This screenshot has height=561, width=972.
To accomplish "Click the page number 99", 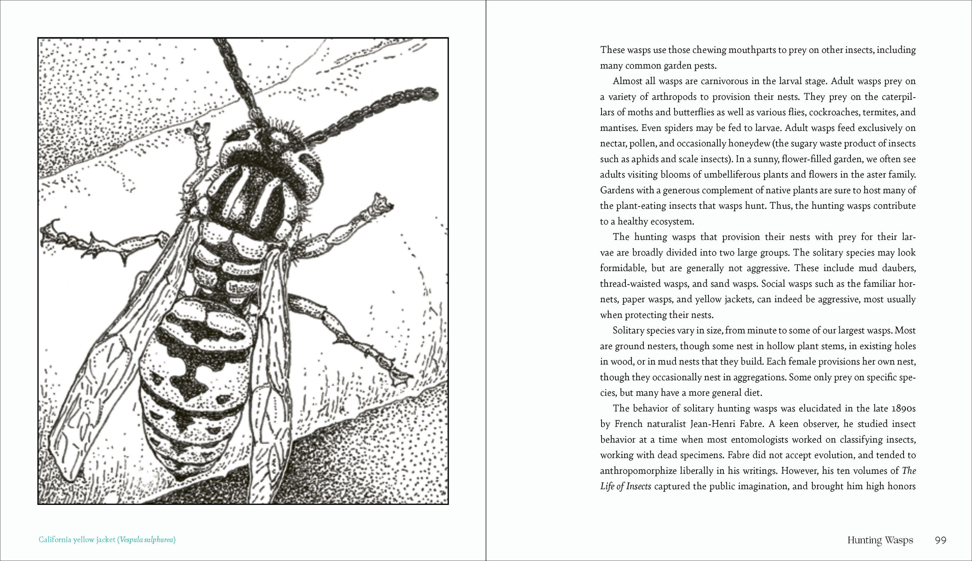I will (941, 540).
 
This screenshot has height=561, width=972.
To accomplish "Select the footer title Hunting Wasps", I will (880, 540).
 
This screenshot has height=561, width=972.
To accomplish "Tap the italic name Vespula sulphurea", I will (146, 539).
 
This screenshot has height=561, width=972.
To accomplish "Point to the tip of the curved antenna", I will (434, 93).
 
